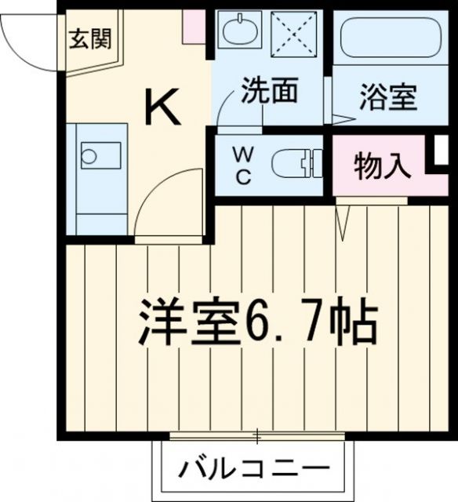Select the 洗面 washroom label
coord(269,91)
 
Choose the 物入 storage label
coord(382,167)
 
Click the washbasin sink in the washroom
coord(237,33)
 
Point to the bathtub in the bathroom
coord(390,36)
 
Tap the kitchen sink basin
coord(100,155)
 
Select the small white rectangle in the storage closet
coord(441,151)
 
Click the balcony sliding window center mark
coord(256,434)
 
